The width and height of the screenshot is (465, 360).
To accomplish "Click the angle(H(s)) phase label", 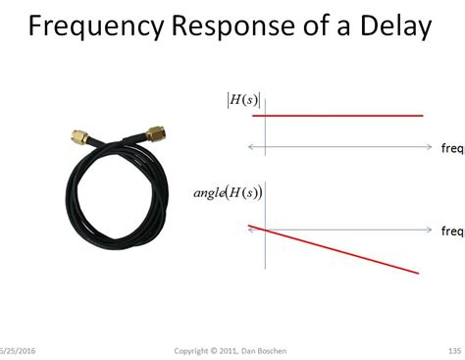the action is point(229,190).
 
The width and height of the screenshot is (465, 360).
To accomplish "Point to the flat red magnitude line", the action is point(338,116).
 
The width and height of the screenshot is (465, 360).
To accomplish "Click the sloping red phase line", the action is point(338,249).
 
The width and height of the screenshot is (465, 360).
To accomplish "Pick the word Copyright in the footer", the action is point(192,350).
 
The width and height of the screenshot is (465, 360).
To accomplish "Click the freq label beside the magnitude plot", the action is point(452,148).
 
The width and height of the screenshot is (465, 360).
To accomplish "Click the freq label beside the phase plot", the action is point(452,231).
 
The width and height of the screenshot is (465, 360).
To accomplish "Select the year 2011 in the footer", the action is point(231,350).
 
